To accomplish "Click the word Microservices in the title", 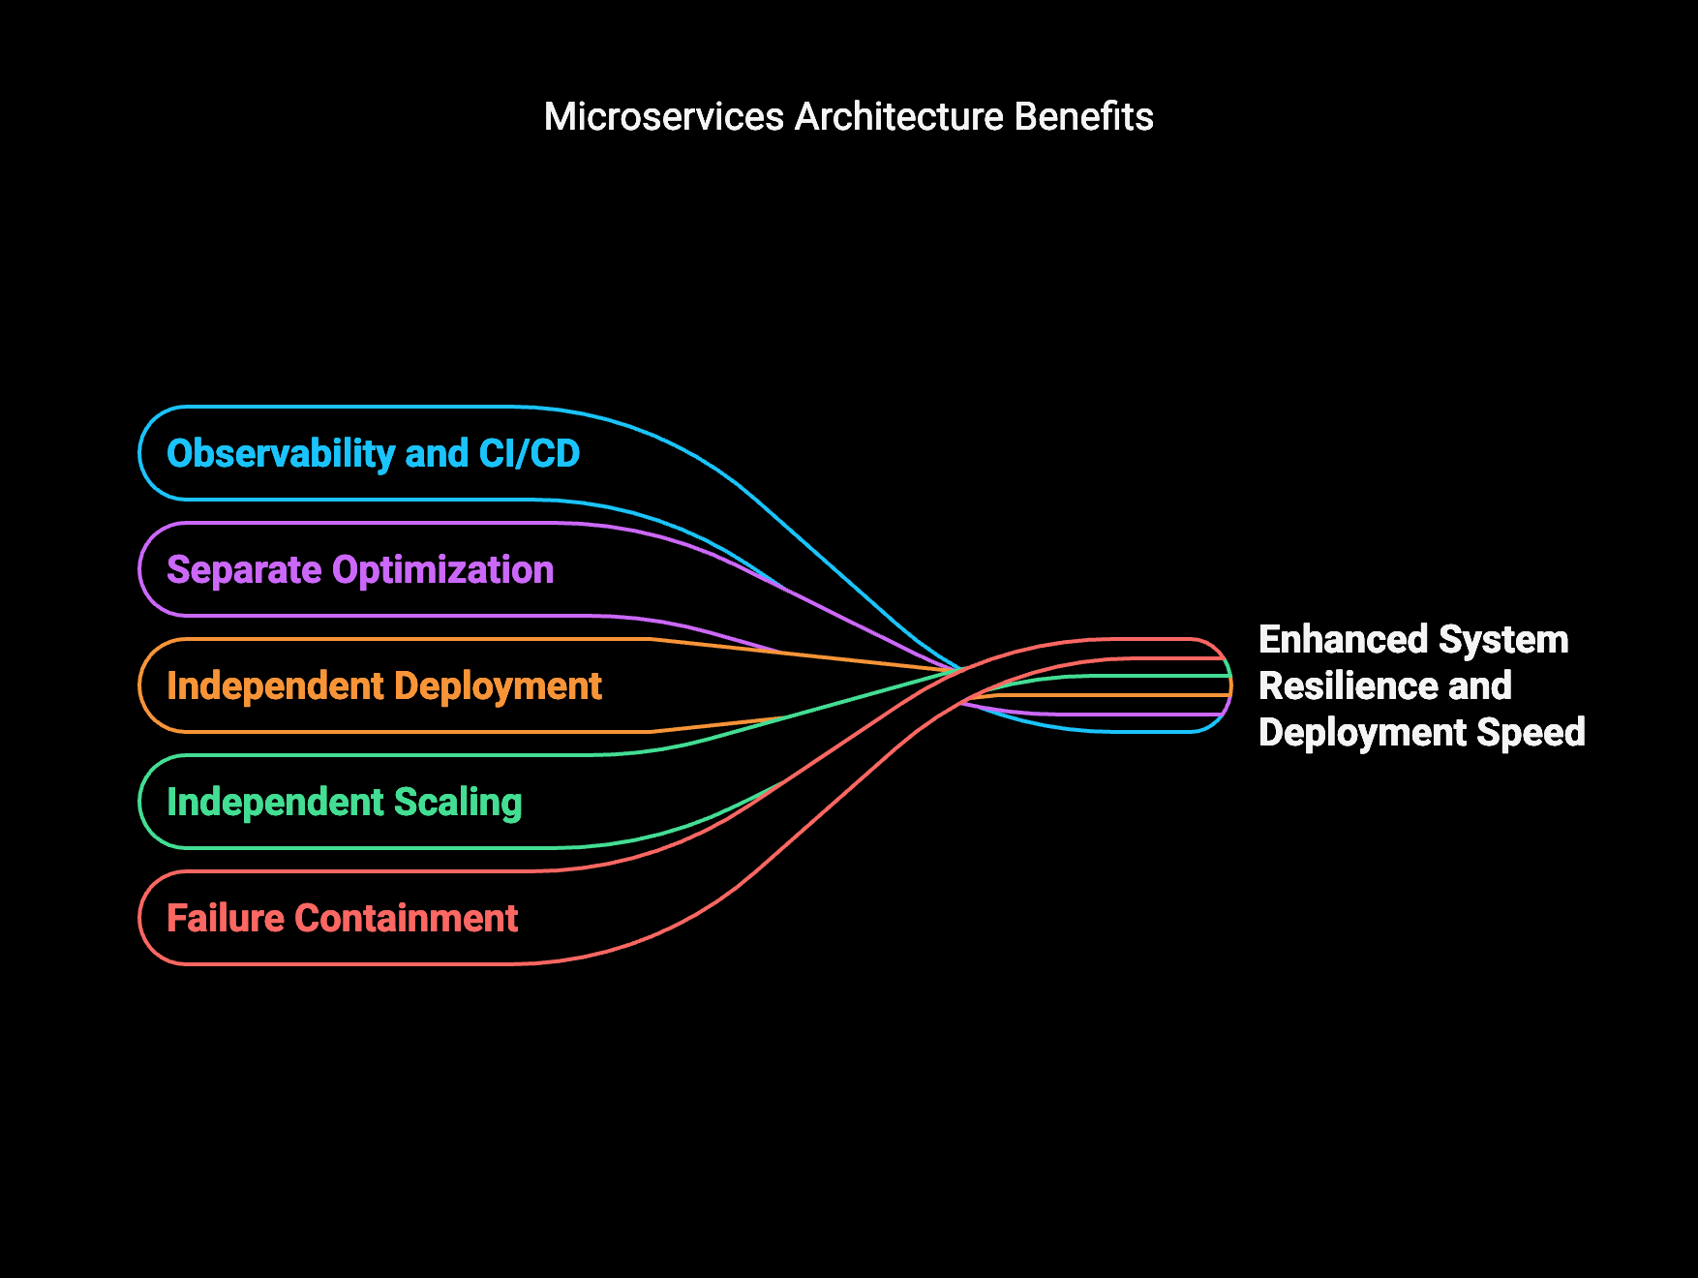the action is point(664,117).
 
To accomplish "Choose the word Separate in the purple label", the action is point(244,570).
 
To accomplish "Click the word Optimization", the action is point(443,570).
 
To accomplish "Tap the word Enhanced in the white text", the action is point(1344,640).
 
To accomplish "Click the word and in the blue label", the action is point(437,453).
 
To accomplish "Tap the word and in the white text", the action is point(1480,686).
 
